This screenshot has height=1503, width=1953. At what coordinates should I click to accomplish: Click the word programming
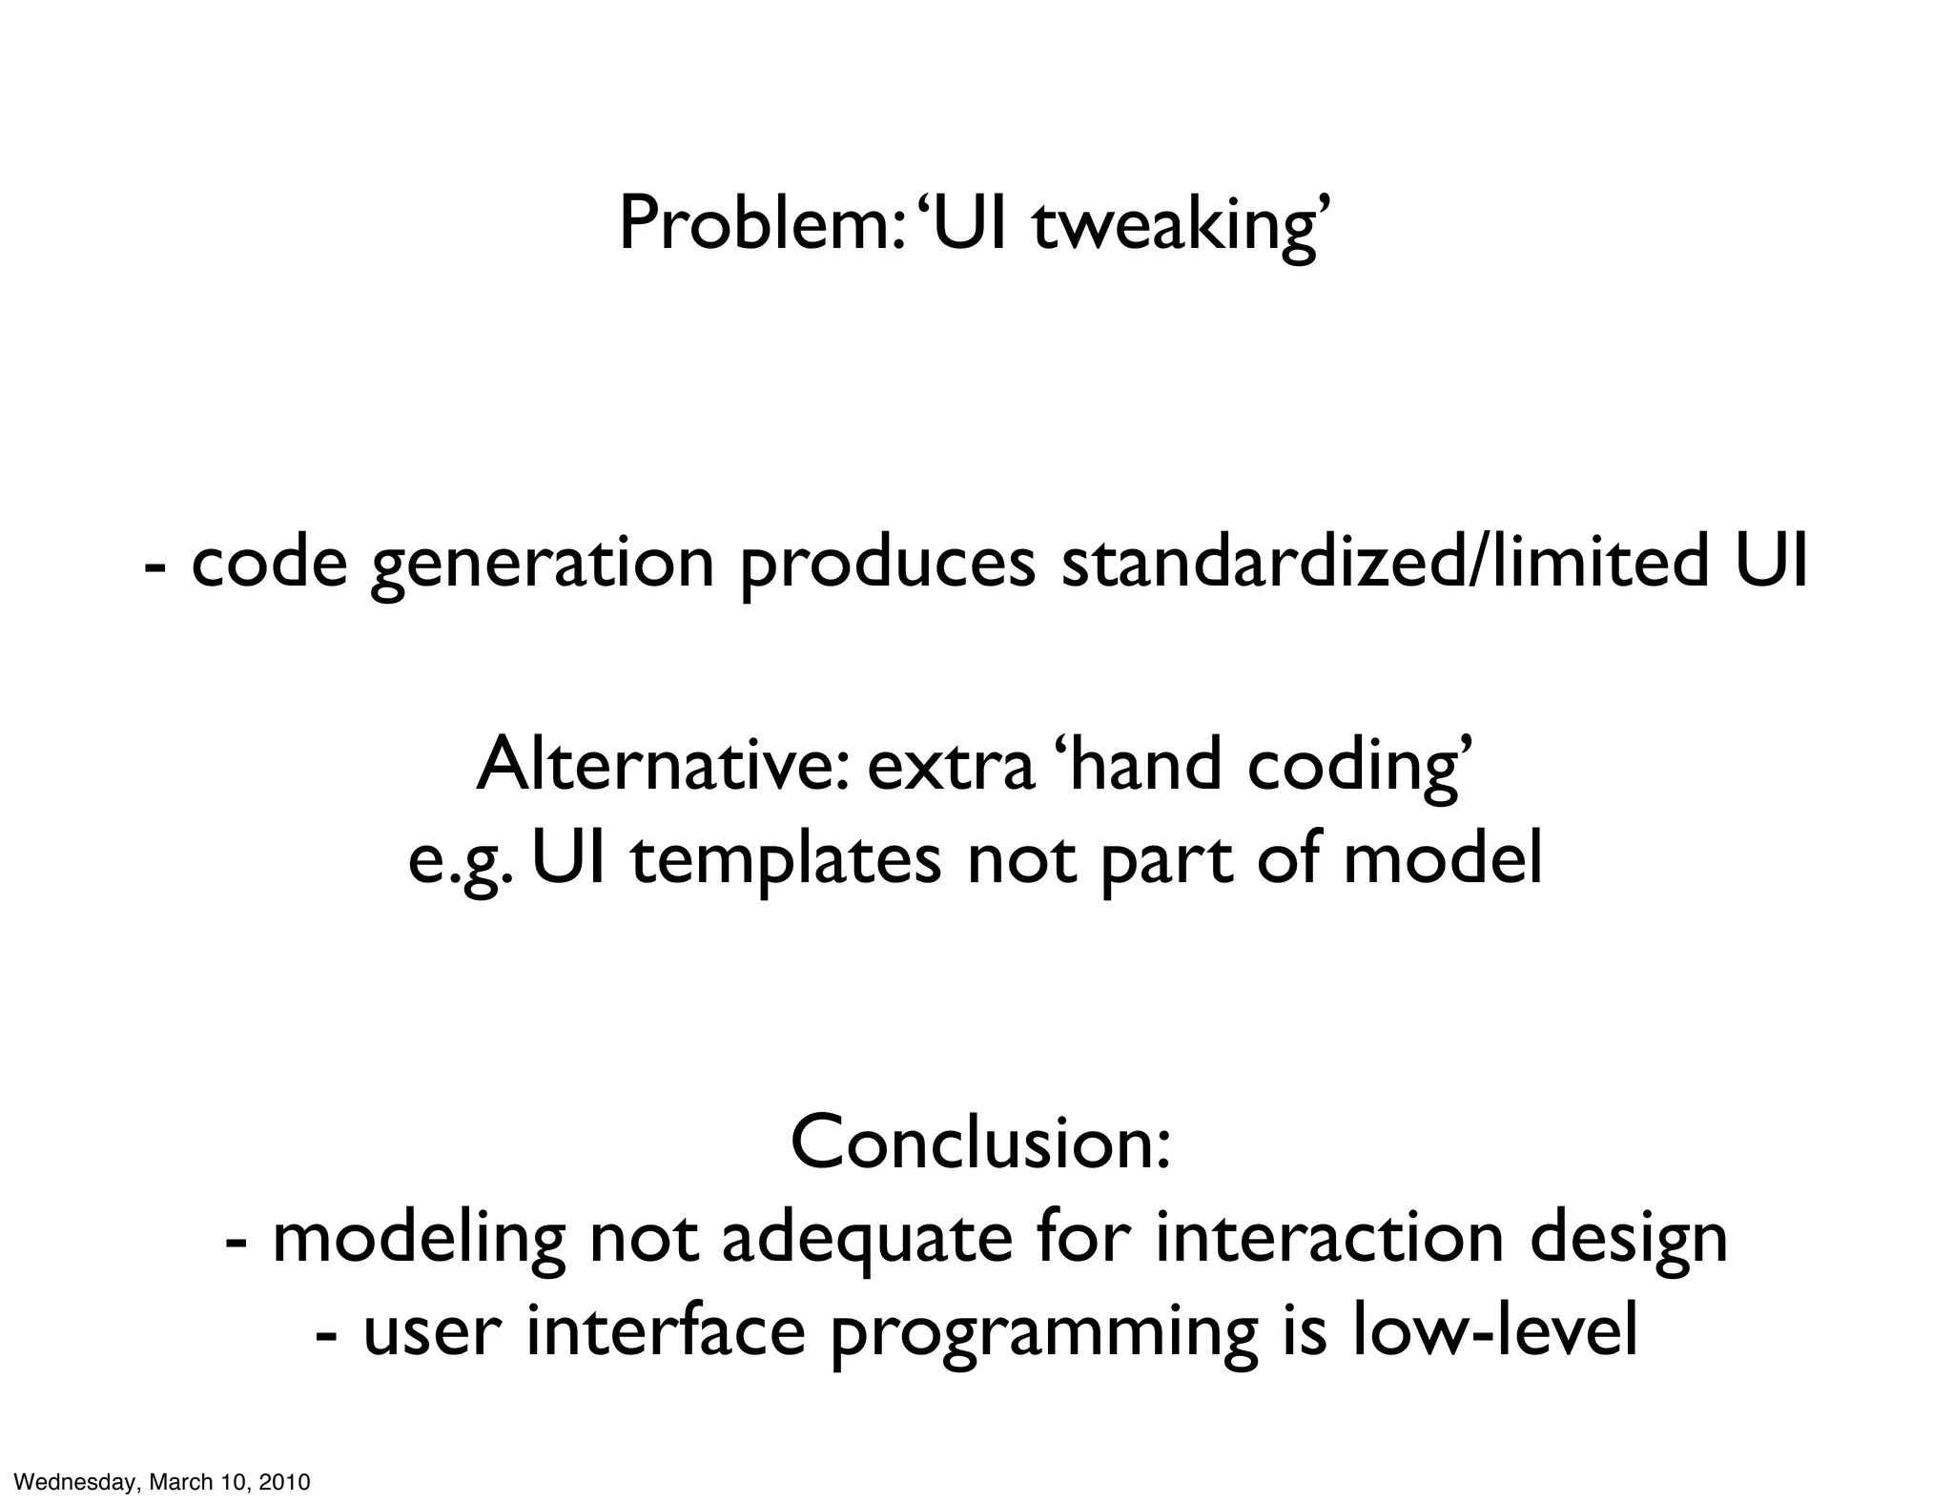click(1043, 1333)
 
